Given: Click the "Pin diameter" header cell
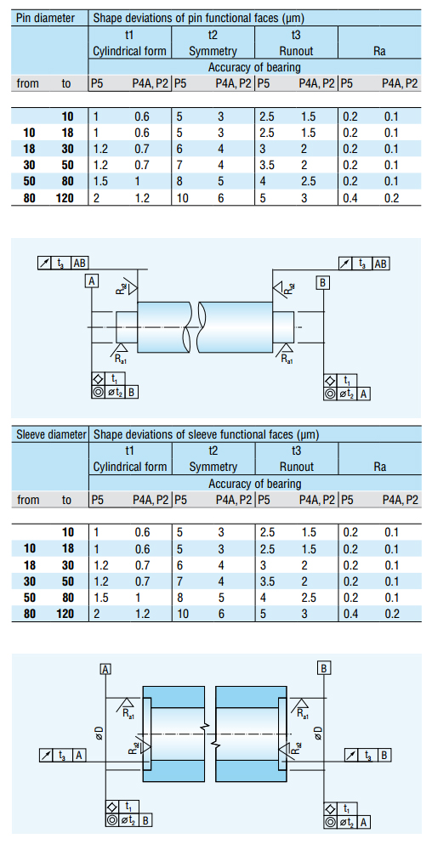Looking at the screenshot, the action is click(46, 17).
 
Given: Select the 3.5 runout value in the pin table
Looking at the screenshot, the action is click(267, 165).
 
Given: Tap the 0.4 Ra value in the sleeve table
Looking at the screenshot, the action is click(350, 614).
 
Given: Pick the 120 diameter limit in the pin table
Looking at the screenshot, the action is click(65, 198).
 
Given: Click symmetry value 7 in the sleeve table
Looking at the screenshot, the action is click(180, 581).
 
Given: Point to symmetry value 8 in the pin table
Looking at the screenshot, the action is click(180, 182).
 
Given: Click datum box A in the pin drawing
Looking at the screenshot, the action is click(92, 280).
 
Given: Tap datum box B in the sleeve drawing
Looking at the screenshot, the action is click(324, 667).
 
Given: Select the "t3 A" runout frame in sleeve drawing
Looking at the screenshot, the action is click(63, 754).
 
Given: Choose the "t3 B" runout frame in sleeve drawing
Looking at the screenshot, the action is click(367, 754).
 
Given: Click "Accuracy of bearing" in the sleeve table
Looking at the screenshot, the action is click(254, 484).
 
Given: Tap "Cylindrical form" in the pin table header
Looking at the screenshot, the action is click(129, 52).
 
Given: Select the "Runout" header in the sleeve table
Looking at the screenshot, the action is click(296, 467).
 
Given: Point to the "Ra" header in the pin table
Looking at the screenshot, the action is click(379, 52).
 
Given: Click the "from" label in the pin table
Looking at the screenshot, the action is click(27, 83).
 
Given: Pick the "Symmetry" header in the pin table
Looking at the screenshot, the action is click(213, 52).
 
